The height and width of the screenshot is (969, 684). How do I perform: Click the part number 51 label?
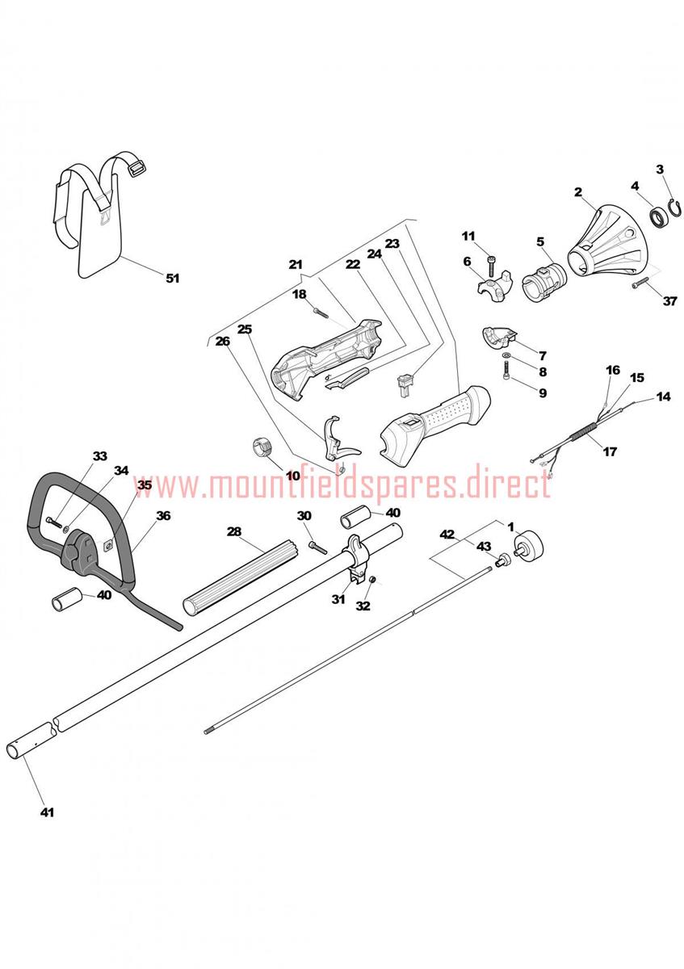coord(173,278)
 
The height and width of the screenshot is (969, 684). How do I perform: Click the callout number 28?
coord(234,531)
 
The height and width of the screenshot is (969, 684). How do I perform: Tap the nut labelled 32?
coord(372,580)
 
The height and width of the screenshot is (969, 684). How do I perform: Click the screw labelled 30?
coord(318,547)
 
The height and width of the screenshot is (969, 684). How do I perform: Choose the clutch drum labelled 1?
coord(527,547)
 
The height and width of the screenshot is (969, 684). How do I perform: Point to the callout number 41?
coord(47,812)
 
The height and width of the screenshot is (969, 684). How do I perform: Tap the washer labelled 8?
coord(506,355)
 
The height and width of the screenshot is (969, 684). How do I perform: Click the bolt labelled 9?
coord(506,371)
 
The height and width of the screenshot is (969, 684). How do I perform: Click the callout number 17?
coord(610,451)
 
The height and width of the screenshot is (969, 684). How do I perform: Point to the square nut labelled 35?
coord(108,547)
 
